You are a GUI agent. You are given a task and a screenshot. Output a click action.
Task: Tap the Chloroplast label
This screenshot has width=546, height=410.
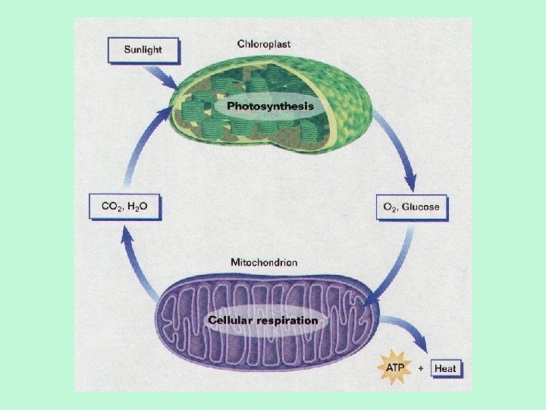click(263, 44)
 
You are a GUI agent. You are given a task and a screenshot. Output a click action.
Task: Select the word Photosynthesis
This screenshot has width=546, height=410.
click(270, 106)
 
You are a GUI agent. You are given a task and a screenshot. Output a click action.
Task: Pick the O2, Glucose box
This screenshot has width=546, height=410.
click(411, 207)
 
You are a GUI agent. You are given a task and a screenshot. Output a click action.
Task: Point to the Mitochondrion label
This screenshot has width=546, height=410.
click(264, 262)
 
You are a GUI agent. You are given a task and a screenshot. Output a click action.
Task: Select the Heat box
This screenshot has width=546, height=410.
click(445, 369)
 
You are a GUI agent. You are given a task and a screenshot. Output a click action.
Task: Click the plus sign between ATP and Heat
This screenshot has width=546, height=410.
click(420, 369)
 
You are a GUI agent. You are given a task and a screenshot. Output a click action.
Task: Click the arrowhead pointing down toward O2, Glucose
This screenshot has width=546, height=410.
click(410, 183)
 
